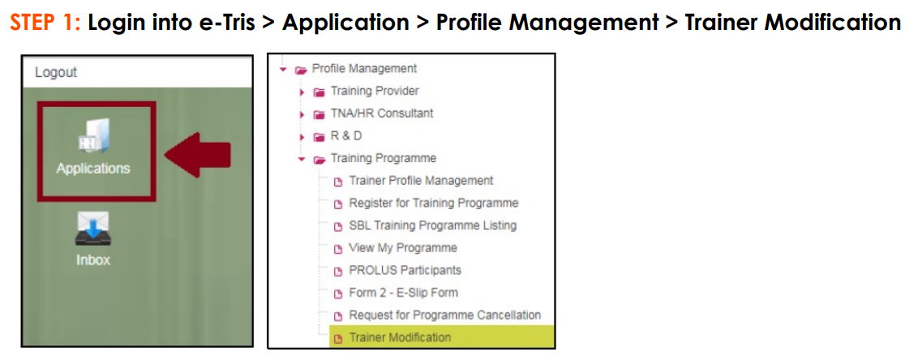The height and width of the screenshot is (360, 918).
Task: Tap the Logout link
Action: [x=56, y=73]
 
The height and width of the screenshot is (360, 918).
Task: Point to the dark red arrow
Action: [x=197, y=155]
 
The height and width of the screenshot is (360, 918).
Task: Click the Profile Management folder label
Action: [x=364, y=68]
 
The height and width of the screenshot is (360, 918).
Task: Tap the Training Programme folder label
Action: [x=383, y=158]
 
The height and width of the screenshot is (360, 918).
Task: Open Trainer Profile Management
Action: [x=421, y=180]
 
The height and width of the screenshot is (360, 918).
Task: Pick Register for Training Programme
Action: [x=433, y=204]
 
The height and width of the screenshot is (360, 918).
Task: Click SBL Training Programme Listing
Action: [x=433, y=225]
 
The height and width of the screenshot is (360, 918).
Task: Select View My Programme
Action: [x=403, y=247]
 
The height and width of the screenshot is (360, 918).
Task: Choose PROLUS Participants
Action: [x=405, y=270]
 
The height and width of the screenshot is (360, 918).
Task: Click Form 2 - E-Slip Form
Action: [x=403, y=293]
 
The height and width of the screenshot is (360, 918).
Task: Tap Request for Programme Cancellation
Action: [x=445, y=315]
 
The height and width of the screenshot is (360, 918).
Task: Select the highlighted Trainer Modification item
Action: [x=400, y=337]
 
